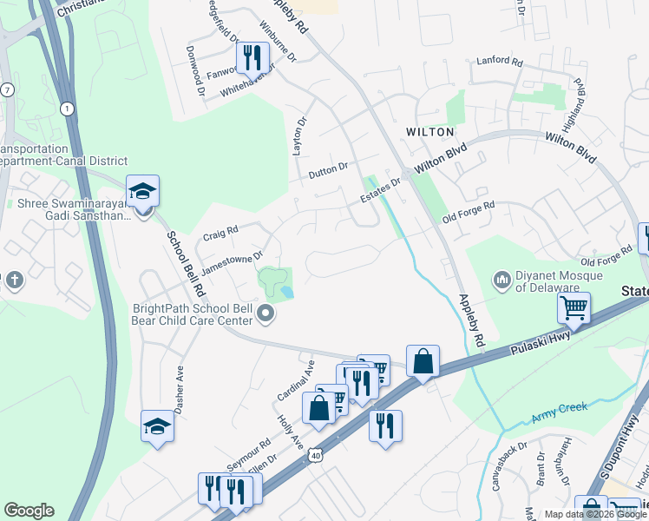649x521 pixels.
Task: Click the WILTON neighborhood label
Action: click(429, 131)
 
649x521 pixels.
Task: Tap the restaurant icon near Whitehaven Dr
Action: click(253, 58)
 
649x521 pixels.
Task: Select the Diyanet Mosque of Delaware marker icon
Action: click(501, 280)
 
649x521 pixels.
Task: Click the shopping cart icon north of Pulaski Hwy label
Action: click(574, 307)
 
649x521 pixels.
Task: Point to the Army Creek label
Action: click(560, 407)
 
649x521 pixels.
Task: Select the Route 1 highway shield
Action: click(66, 108)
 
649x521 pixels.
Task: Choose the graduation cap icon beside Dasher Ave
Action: click(157, 426)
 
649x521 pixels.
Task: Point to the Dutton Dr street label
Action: click(328, 171)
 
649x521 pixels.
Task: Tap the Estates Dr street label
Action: click(382, 191)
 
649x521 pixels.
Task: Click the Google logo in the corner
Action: click(29, 511)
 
